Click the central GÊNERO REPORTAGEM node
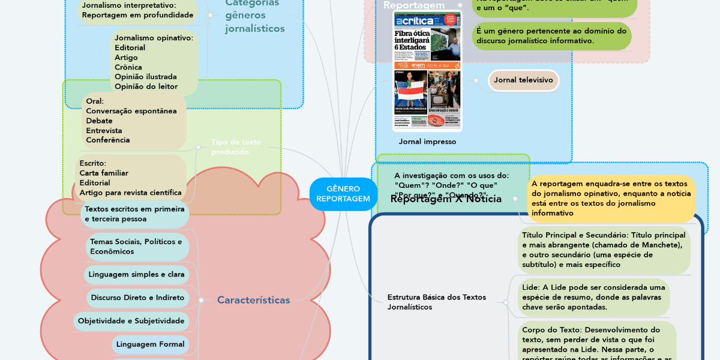pyautogui.click(x=343, y=194)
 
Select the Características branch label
pyautogui.click(x=253, y=300)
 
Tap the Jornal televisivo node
pyautogui.click(x=523, y=80)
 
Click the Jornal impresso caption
pyautogui.click(x=427, y=142)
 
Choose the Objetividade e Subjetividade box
pyautogui.click(x=131, y=321)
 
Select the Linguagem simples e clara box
pyautogui.click(x=136, y=274)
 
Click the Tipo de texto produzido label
pyautogui.click(x=236, y=147)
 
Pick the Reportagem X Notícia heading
pyautogui.click(x=446, y=199)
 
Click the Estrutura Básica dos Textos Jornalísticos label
pyautogui.click(x=437, y=302)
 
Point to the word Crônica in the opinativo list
pyautogui.click(x=128, y=67)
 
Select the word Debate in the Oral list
pyautogui.click(x=99, y=121)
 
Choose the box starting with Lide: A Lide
pyautogui.click(x=593, y=297)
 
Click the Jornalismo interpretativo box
pyautogui.click(x=137, y=10)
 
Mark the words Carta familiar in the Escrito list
pyautogui.click(x=104, y=173)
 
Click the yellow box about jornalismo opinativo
pyautogui.click(x=611, y=198)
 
